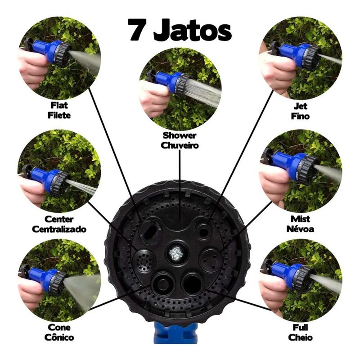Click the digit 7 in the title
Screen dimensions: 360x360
click(x=137, y=30)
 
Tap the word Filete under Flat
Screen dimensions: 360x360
click(x=59, y=115)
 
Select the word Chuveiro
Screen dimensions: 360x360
click(x=180, y=145)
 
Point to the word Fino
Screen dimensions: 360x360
click(x=300, y=116)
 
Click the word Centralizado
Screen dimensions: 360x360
click(x=59, y=229)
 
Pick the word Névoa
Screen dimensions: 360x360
click(x=300, y=229)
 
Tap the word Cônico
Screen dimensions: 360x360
click(x=59, y=337)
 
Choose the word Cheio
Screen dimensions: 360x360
click(x=300, y=337)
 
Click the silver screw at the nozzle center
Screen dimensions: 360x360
click(x=177, y=253)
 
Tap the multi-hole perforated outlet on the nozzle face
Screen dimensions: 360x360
click(x=144, y=261)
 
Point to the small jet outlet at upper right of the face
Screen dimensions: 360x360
click(x=203, y=231)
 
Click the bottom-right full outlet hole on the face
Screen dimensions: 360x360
click(x=193, y=284)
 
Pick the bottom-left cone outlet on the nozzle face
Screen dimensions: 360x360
click(x=162, y=283)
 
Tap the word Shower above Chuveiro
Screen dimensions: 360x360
click(x=180, y=135)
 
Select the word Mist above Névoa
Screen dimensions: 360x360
click(x=300, y=219)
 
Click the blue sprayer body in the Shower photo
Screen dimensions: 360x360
click(x=167, y=81)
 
